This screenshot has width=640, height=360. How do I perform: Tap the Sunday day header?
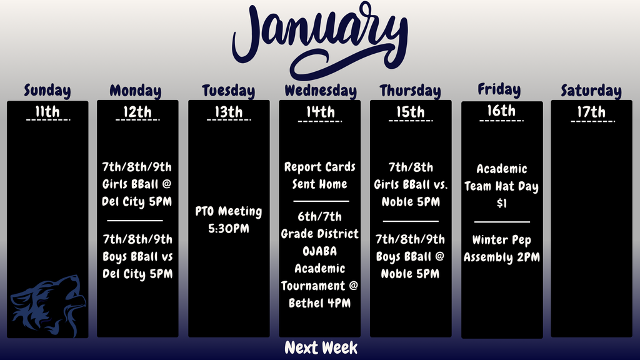point(47,91)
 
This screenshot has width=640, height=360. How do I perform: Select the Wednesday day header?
point(320,91)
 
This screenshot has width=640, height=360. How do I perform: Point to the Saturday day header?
point(591,91)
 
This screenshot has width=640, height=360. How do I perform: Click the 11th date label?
point(47,112)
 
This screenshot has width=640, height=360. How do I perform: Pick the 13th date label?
point(229,112)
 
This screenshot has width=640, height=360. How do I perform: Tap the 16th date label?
point(501,111)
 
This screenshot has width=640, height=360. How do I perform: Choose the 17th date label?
point(591,112)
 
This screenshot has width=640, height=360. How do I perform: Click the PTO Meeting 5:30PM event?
point(229,220)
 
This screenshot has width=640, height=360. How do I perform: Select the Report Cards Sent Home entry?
point(320,176)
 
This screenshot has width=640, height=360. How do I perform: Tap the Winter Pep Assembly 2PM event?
point(501,249)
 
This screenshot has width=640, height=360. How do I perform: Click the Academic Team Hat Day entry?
point(501,186)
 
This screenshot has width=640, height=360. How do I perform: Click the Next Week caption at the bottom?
point(321,348)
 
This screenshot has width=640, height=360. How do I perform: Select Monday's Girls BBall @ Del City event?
point(137,184)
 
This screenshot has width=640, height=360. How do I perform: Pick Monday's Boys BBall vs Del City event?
point(137,256)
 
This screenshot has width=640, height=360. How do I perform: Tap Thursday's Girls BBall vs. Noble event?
point(411,184)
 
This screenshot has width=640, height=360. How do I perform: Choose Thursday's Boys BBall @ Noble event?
point(411,256)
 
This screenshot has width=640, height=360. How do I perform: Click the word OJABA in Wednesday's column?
point(319,251)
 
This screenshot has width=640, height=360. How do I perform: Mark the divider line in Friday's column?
point(501,221)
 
